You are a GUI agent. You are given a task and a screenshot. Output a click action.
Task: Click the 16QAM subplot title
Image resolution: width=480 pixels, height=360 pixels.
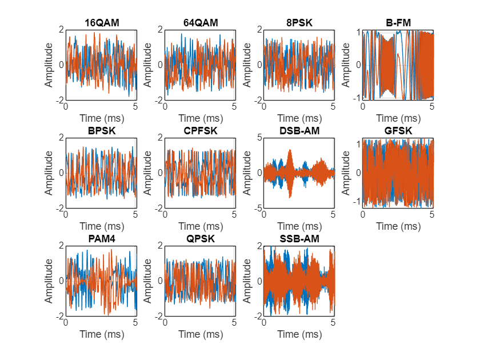coord(101,23)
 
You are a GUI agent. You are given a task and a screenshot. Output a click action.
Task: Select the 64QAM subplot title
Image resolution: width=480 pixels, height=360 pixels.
coord(200,23)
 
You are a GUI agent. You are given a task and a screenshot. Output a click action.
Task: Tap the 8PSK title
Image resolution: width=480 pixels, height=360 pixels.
coord(299,23)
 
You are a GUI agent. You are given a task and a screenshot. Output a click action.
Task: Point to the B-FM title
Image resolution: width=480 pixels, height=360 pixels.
coord(398,23)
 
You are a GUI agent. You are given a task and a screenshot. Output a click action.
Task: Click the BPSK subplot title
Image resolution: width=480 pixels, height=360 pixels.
coord(101,131)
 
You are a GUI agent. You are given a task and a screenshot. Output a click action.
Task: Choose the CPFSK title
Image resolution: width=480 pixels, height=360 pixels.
coord(200,131)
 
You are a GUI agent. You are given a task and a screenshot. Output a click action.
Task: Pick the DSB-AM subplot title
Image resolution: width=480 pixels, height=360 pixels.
coord(299,131)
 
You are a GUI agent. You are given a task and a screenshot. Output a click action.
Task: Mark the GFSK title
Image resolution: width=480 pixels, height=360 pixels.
coord(398,131)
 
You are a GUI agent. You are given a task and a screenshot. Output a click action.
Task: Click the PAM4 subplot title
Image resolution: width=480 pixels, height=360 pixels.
coord(101,238)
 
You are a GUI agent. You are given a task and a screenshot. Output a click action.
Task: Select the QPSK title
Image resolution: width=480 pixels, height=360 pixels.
coord(200,238)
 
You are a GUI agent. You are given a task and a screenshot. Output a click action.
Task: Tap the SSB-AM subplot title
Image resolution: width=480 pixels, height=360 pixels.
coord(299,238)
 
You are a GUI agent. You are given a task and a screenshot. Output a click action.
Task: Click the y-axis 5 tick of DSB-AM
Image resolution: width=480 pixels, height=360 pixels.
coord(259,138)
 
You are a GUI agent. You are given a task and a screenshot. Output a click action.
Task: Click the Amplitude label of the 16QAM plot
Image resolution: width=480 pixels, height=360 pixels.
coord(49,65)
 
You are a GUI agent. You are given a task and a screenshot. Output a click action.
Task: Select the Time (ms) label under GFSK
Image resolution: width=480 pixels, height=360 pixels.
coord(398,226)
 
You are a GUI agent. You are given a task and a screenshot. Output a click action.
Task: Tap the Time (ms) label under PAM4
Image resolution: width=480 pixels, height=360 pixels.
coord(101,334)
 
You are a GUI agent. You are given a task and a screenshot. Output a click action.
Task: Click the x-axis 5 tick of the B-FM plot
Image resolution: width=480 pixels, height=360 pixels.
coord(432,106)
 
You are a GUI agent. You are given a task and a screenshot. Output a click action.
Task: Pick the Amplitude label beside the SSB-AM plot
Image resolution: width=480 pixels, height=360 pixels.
coord(247,281)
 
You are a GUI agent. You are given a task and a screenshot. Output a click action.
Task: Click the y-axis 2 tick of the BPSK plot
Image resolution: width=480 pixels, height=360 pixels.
coord(61,138)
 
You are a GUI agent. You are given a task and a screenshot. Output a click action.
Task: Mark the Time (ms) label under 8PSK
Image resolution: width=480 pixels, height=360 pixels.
coord(299,118)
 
